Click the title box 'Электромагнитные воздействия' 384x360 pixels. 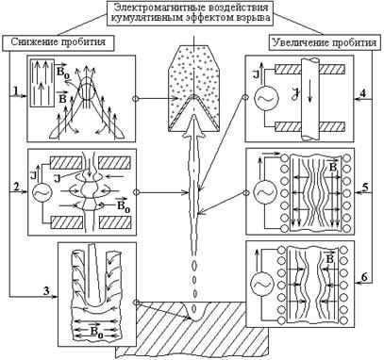192,13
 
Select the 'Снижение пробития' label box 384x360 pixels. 58,42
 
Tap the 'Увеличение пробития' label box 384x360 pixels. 324,42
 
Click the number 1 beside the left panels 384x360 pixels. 15,90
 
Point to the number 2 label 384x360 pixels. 16,187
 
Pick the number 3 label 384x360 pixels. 46,291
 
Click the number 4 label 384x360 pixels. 363,94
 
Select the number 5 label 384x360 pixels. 365,187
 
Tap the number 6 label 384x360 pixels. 364,277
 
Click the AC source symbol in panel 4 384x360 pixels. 266,98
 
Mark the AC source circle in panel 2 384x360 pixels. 42,193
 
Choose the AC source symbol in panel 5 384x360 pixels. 266,191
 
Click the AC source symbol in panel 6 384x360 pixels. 262,284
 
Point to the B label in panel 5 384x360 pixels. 332,166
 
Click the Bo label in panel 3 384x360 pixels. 96,331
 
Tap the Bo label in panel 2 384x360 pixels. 124,205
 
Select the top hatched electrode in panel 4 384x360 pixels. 309,70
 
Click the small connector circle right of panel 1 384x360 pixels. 136,99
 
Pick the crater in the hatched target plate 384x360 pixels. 194,311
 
